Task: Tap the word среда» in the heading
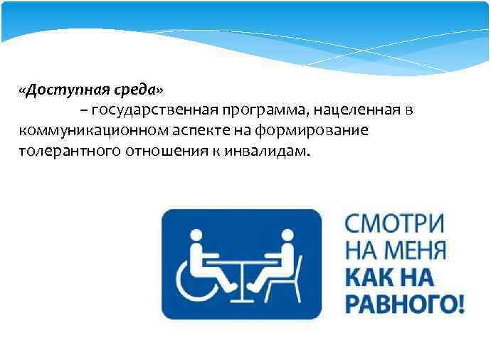[138, 90]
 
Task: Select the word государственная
[154, 110]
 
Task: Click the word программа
[265, 110]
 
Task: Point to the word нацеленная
[357, 110]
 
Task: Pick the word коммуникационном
[93, 130]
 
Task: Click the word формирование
[311, 130]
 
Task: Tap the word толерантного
[70, 152]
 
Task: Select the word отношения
[167, 152]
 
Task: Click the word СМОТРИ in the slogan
[394, 223]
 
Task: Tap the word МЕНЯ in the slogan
[416, 250]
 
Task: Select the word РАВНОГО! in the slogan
[405, 304]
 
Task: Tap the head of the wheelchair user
[196, 235]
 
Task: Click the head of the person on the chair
[287, 235]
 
